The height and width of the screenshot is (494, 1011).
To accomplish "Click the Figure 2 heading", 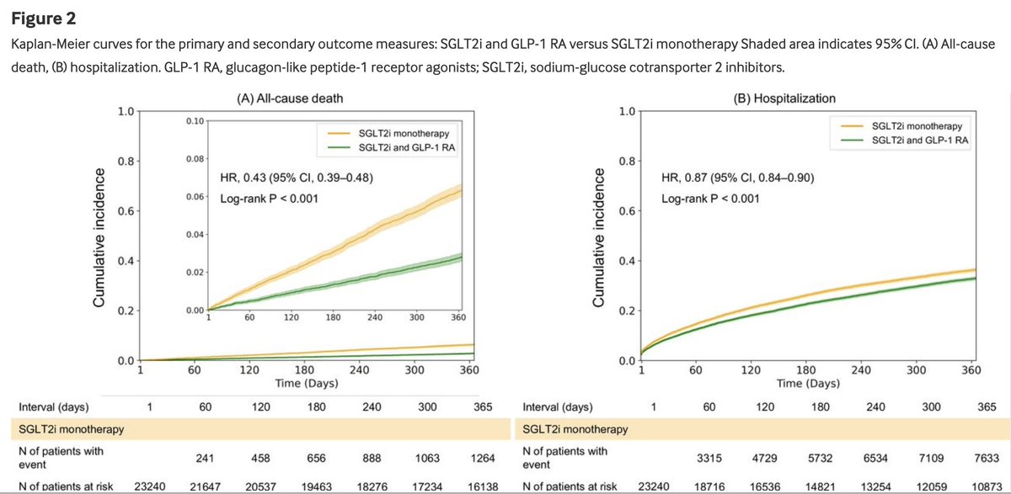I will pos(38,15).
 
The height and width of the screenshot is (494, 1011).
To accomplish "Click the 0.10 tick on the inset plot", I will pos(194,121).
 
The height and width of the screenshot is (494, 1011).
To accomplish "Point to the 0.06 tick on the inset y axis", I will pos(194,196).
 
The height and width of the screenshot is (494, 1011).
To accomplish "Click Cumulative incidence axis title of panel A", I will pos(99,237).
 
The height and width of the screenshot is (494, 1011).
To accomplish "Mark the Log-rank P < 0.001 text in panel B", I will pos(710,199).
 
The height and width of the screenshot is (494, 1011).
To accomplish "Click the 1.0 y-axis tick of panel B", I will pos(627,111).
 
